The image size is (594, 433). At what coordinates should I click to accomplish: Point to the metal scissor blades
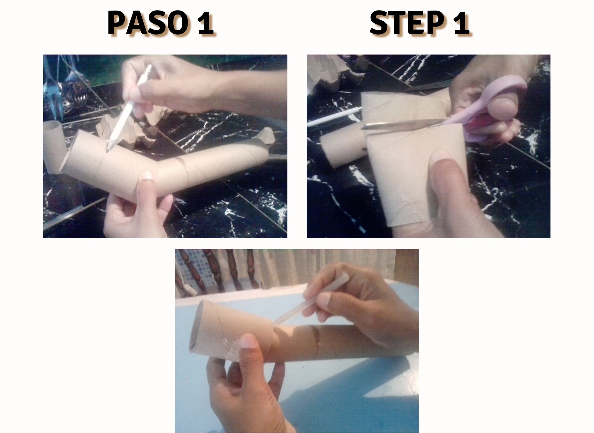point(402,124)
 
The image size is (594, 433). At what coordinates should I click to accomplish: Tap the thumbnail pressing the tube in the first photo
point(147,175)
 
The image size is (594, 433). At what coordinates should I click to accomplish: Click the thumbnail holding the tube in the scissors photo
point(443,157)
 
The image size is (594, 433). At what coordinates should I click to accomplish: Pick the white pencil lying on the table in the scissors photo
point(334,116)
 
